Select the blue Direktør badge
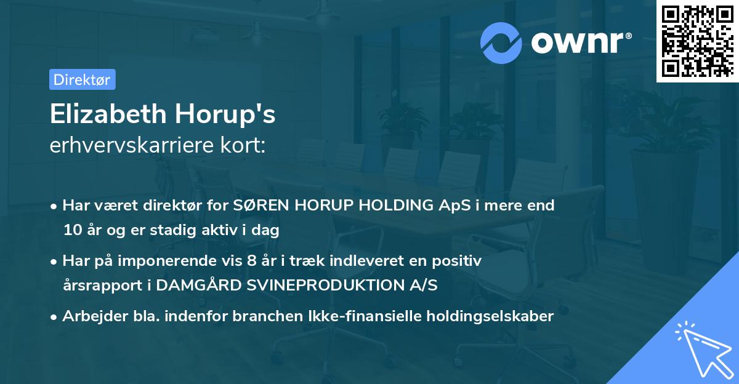click(x=82, y=79)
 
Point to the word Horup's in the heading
click(x=225, y=115)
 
